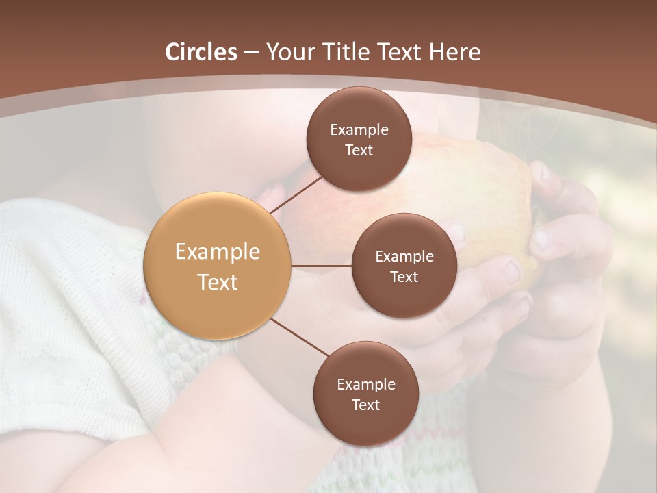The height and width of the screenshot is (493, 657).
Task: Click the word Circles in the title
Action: coord(201,52)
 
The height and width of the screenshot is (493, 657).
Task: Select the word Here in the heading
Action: coord(455,52)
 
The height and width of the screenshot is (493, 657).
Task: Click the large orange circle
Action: coord(218,266)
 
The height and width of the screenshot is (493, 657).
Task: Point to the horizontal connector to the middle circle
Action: coord(322,266)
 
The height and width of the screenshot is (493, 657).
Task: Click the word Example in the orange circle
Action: coord(218,252)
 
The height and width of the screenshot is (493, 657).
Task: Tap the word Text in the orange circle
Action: coord(218,282)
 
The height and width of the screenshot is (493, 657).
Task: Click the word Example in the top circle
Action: coord(359,130)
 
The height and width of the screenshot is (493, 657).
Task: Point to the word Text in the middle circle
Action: coord(404,277)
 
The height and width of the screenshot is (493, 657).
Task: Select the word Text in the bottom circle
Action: coord(365,405)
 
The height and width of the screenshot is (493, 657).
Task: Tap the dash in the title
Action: coord(251,52)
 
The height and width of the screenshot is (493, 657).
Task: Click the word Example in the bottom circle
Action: coord(366,384)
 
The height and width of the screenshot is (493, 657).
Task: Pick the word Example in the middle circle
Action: coord(404,256)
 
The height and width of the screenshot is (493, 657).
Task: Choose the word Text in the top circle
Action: coord(359,150)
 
